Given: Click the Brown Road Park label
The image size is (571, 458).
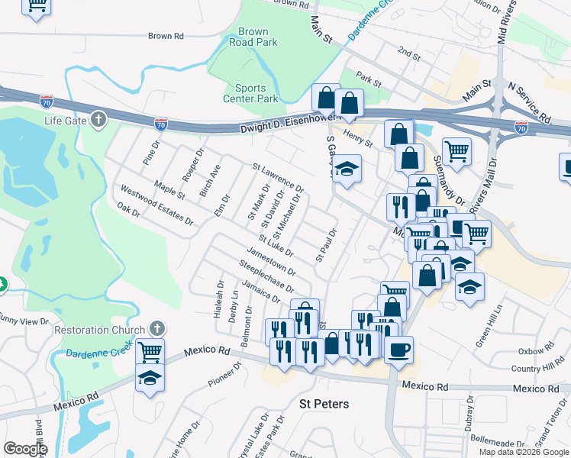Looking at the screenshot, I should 253,37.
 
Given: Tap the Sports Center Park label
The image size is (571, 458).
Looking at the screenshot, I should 250,93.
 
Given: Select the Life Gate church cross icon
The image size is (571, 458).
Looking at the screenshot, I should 98,120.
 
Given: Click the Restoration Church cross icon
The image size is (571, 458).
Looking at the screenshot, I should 158,329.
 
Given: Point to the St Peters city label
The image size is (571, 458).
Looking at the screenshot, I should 324,404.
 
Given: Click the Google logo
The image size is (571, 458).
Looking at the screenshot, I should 25,449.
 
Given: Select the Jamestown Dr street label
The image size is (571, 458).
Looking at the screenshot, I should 272,260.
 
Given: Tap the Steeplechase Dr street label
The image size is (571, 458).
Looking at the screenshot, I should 266,276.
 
